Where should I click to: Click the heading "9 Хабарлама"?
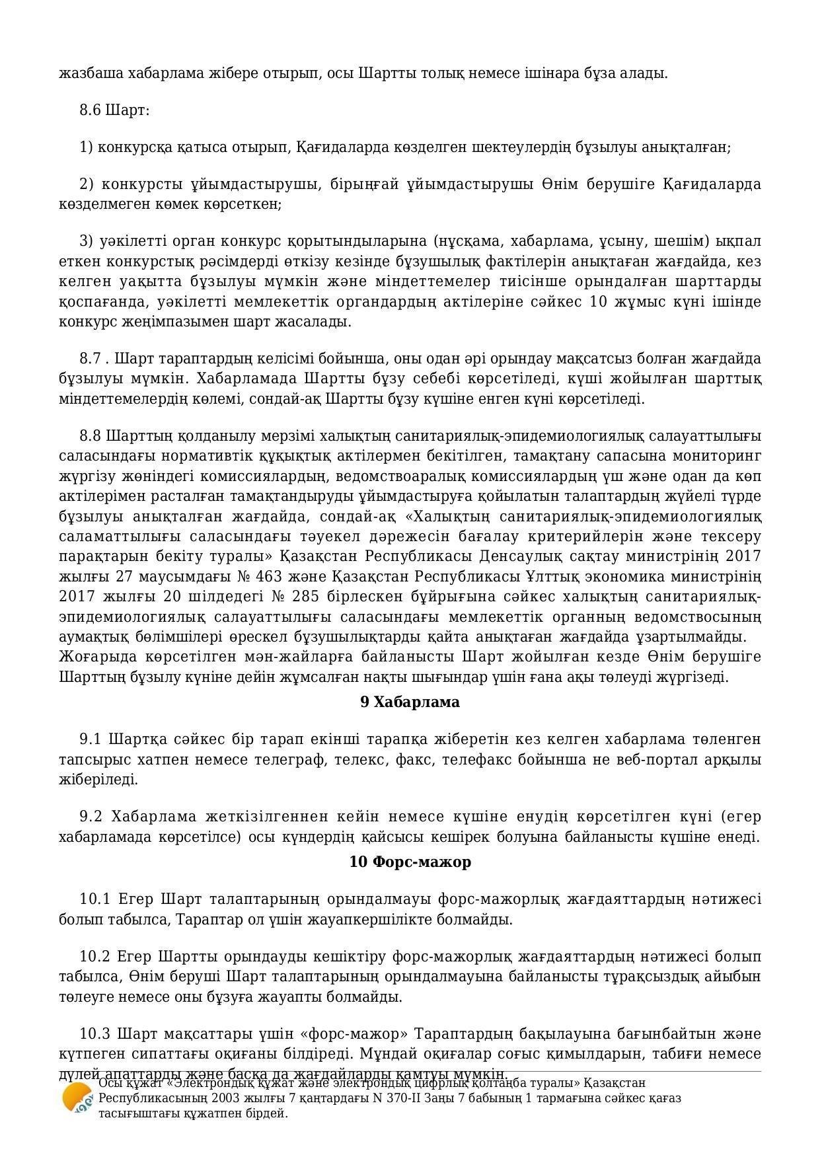pyautogui.click(x=410, y=702)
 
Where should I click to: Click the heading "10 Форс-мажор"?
pyautogui.click(x=410, y=862)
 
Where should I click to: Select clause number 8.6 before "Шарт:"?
pyautogui.click(x=90, y=110)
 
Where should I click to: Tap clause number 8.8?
pyautogui.click(x=91, y=436)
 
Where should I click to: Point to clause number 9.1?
pyautogui.click(x=91, y=739)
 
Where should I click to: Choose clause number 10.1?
pyautogui.click(x=95, y=899)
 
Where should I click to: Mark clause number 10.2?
pyautogui.click(x=95, y=957)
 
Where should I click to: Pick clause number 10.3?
pyautogui.click(x=95, y=1033)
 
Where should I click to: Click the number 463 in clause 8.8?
pyautogui.click(x=278, y=576)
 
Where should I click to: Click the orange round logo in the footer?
pyautogui.click(x=77, y=1098)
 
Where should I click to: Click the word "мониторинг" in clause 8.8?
pyautogui.click(x=723, y=456)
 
